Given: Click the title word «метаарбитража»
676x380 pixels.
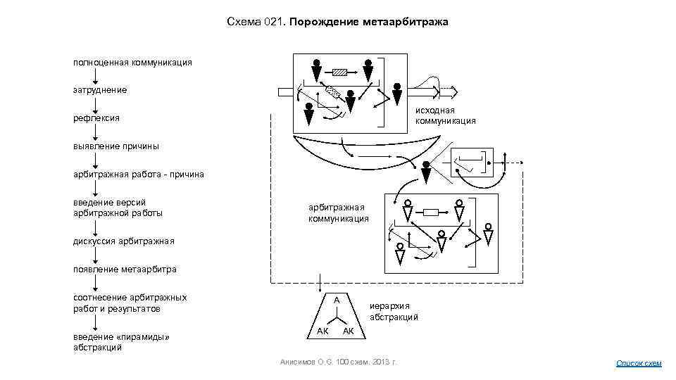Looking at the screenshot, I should coord(406,23).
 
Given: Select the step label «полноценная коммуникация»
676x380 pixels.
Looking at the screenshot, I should coord(132,62).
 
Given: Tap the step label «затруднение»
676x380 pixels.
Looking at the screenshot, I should coord(100,90).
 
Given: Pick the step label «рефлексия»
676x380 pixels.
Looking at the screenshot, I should coord(96,118).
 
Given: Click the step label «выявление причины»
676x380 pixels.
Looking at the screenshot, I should coord(115,146).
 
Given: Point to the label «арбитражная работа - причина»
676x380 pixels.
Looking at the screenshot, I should coord(139,174).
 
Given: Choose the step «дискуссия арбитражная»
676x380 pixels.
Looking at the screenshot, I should coord(123,241).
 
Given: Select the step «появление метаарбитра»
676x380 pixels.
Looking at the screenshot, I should coord(125,269).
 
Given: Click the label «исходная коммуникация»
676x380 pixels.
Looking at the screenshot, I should coord(445,115).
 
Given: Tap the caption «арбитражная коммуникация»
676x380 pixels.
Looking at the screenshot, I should coord(338,213).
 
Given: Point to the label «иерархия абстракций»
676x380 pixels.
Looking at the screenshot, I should coord(394,311).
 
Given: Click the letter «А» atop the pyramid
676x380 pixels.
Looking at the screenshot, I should coord(337,300).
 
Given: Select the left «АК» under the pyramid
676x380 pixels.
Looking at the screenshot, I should coord(323,331).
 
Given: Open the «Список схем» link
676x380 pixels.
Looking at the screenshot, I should coord(639,363).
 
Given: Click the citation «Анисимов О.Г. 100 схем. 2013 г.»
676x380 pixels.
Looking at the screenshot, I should coord(339,362).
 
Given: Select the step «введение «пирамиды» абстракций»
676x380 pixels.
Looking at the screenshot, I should coord(122,341).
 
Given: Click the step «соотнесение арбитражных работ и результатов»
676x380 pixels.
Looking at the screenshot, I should coord(130,303).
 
